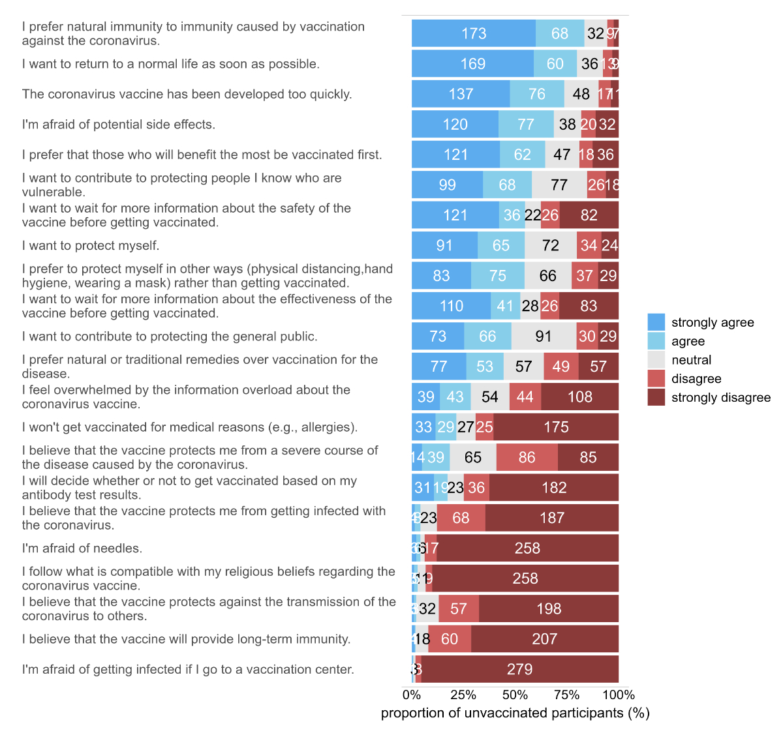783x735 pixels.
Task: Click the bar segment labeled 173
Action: [474, 33]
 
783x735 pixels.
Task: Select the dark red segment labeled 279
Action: [519, 669]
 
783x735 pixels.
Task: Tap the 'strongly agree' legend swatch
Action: [656, 322]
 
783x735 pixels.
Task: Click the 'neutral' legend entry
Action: [691, 360]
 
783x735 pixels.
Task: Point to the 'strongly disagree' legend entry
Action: [720, 398]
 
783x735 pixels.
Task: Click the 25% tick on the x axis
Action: [463, 695]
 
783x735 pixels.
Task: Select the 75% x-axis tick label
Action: [566, 695]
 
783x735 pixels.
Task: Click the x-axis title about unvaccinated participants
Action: [515, 713]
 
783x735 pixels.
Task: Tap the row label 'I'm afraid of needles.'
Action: [82, 548]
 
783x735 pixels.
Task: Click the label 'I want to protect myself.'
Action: [91, 246]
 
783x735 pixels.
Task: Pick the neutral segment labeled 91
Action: [544, 337]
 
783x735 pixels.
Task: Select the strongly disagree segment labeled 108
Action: [579, 397]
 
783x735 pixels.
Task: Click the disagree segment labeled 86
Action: [527, 457]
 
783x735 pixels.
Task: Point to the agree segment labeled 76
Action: [537, 94]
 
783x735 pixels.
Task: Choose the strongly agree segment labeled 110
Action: [451, 306]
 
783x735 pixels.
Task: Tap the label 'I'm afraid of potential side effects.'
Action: [119, 125]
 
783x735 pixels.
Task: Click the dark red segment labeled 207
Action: [544, 639]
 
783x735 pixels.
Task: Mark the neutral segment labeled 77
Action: [559, 185]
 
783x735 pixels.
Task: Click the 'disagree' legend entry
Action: [696, 379]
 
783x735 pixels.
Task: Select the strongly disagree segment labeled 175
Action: [556, 427]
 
